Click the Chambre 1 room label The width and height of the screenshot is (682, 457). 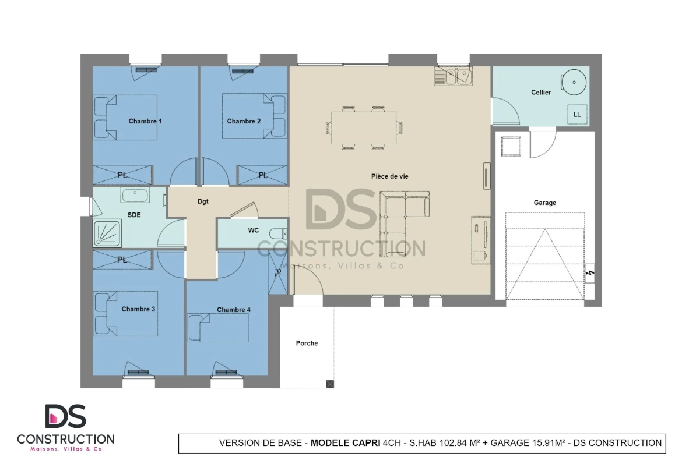[145, 121]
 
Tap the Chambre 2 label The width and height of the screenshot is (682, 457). [244, 121]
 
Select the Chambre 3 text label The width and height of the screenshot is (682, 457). [138, 309]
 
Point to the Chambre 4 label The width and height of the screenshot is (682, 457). [234, 310]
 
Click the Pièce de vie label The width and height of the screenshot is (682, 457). [390, 176]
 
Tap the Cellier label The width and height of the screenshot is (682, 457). [540, 92]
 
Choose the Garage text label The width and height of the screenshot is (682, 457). [544, 203]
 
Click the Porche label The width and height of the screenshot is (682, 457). [307, 343]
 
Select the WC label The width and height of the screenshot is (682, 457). [253, 230]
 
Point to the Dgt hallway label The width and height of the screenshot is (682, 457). [203, 201]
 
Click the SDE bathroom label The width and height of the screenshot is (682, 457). [134, 215]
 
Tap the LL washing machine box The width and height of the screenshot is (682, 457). [577, 115]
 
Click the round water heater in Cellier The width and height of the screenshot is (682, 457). [574, 82]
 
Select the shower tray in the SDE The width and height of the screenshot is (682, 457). [107, 233]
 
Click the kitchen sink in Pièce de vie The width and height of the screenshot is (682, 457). [454, 76]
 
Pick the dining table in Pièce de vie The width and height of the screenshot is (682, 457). [364, 127]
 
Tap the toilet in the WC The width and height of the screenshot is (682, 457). [279, 233]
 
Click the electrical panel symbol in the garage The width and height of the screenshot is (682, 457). [590, 273]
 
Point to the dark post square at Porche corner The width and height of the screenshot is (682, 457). [330, 384]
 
